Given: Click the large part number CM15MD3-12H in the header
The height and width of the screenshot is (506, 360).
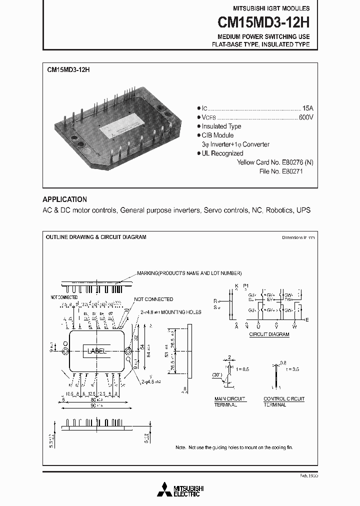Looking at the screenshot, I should pos(263,22).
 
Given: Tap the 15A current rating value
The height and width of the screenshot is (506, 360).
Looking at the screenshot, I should pos(307,108).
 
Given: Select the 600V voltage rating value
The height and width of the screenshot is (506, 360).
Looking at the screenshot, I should pos(306,117).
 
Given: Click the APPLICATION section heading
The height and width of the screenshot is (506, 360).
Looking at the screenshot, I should pos(64,199).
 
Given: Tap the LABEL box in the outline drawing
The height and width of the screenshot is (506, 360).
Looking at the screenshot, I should pos(97,351).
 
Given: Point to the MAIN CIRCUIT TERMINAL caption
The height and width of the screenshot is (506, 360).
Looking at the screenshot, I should pos(230,401).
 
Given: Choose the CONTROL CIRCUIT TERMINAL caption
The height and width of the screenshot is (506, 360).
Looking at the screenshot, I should pos(283,401).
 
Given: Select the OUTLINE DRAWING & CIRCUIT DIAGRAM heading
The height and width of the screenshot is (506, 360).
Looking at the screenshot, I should pos(96,237).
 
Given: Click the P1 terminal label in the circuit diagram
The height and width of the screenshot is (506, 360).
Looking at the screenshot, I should pos(245,285).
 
